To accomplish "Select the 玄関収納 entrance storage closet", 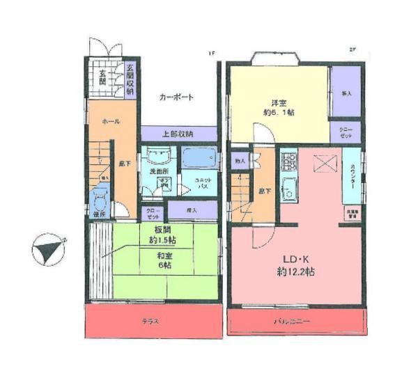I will click(130, 78).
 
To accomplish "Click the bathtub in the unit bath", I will click(199, 159).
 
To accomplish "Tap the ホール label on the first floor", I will click(111, 121).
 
